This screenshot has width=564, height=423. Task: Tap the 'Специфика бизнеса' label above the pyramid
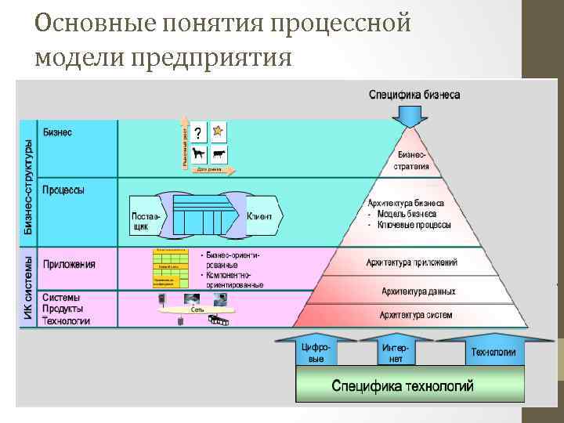coord(414,95)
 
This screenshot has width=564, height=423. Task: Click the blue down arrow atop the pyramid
coord(413,117)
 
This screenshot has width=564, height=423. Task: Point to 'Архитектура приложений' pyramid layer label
coord(412,262)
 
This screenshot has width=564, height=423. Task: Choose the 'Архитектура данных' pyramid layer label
coord(418,291)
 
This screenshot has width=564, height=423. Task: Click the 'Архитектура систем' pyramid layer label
coord(416,315)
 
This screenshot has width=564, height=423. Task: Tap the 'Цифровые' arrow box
coord(316,352)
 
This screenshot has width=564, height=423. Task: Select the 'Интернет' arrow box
coord(396,352)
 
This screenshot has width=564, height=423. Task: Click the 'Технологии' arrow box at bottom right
coord(493,352)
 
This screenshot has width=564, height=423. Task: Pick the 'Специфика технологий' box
coord(403,385)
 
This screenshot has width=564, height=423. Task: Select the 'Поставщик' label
coord(145,221)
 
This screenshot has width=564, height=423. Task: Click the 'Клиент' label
coord(259,216)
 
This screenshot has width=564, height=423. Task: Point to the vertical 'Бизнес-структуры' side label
coord(27,185)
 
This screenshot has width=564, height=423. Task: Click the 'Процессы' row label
coord(64,190)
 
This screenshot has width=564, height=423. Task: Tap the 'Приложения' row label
coord(69,264)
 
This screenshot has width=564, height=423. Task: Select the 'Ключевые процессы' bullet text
coord(413,225)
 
